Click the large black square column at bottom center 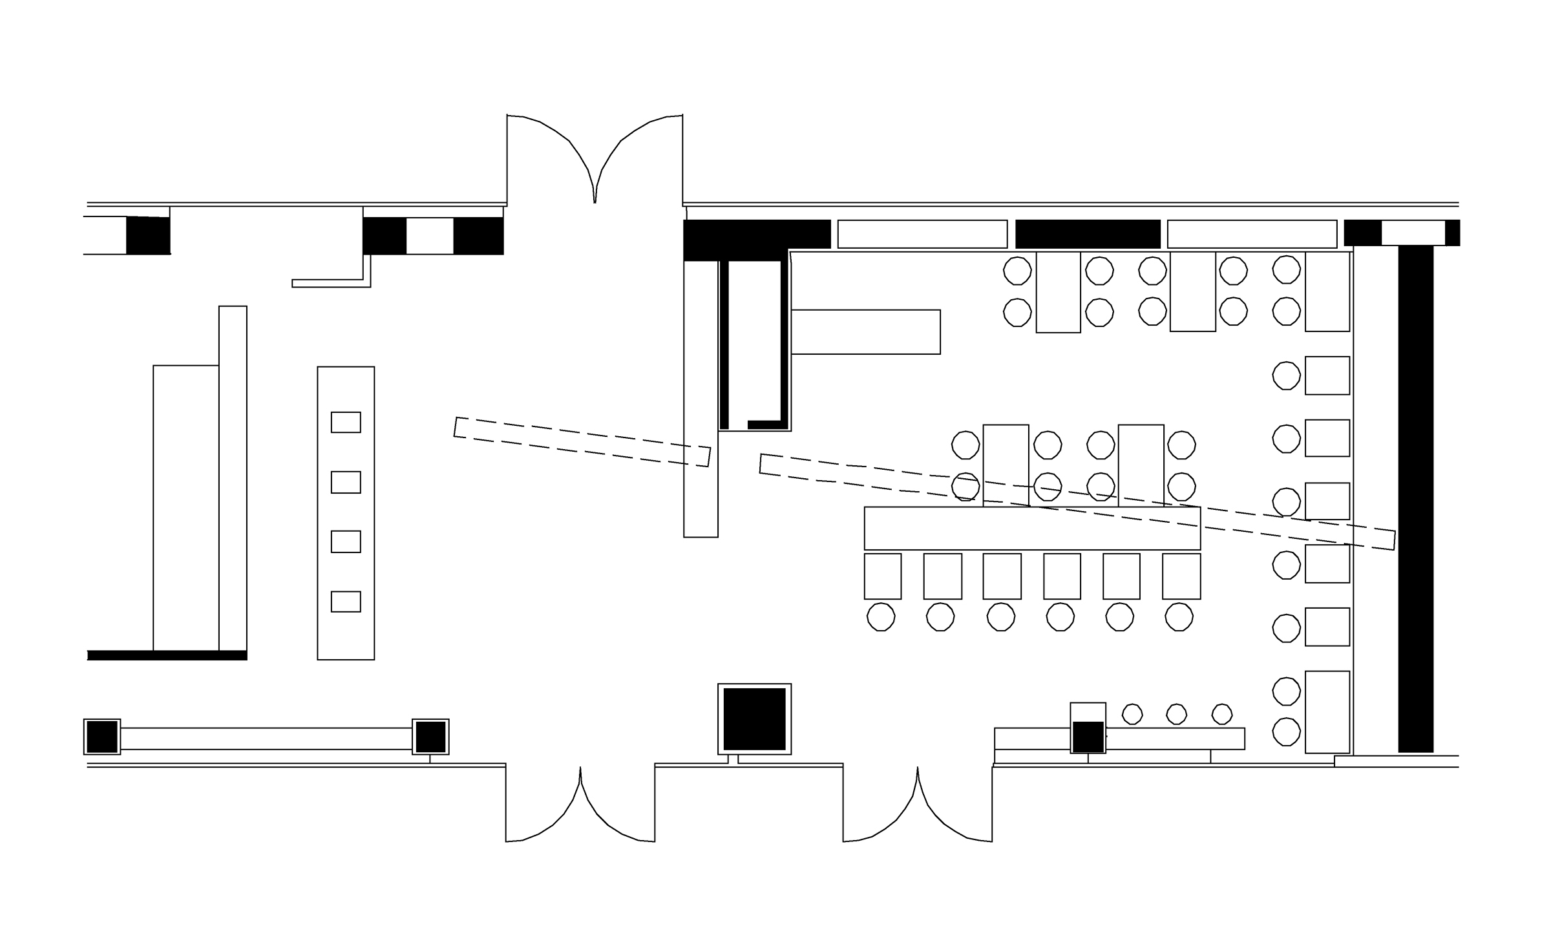coord(754,719)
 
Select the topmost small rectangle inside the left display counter coord(346,422)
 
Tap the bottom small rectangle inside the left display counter coord(346,602)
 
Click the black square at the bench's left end coord(102,737)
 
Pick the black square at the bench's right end coord(430,737)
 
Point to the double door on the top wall coord(595,162)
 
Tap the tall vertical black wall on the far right coord(1415,498)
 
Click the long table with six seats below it coord(1032,528)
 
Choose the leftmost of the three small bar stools coord(1132,714)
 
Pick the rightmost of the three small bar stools coord(1222,714)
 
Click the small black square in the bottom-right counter coord(1088,737)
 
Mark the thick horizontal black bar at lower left coord(167,655)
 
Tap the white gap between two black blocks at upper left coord(430,236)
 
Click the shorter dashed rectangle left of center coord(582,442)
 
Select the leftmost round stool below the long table coord(881,617)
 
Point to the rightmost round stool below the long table coord(1179,617)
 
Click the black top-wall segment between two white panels coord(1088,234)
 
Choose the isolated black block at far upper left coord(148,235)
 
